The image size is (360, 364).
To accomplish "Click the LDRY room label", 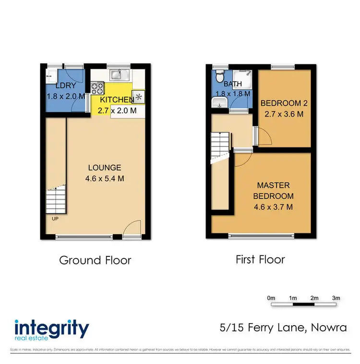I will [x=66, y=86].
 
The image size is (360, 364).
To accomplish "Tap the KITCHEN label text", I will [x=117, y=100].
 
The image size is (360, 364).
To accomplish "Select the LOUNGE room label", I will [x=105, y=168].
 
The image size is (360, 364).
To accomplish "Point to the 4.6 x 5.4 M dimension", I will [x=105, y=178].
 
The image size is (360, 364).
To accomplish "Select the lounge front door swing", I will [x=132, y=229].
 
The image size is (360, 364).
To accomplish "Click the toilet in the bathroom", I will [x=219, y=76].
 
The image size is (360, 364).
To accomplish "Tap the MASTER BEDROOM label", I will [x=275, y=191].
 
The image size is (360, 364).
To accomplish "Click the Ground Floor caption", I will [x=95, y=260].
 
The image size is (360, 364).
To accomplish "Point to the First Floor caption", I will [x=260, y=260].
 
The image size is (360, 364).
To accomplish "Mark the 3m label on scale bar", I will [x=336, y=298].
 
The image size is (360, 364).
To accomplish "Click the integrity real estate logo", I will [x=52, y=330].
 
